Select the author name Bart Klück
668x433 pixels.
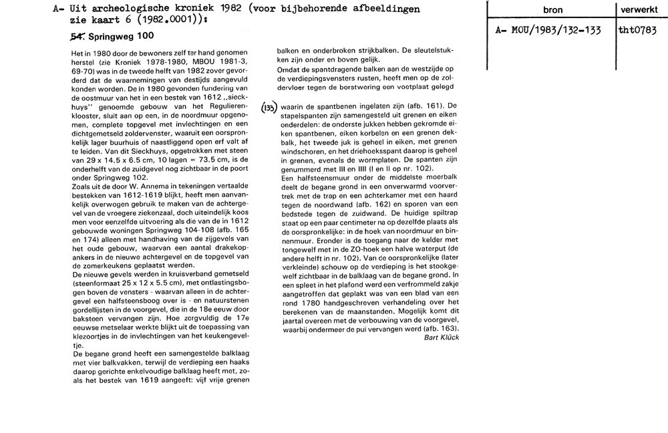tap(442, 337)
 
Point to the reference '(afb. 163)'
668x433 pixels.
tap(440, 329)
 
